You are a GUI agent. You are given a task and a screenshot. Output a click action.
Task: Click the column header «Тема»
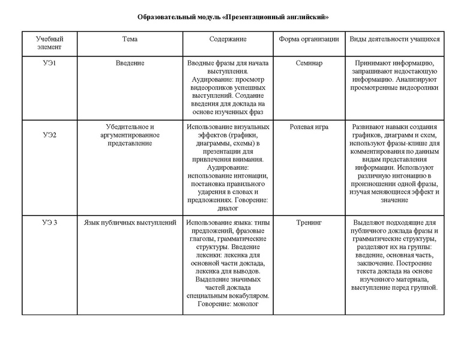click(130, 39)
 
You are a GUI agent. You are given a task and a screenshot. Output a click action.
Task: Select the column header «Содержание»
click(228, 39)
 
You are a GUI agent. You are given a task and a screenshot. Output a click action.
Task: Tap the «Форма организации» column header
click(309, 39)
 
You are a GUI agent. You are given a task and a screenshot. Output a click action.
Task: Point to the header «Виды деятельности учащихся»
click(395, 39)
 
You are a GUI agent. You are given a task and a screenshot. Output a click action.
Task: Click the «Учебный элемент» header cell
click(49, 43)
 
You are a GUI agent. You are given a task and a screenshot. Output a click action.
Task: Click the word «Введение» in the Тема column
click(130, 63)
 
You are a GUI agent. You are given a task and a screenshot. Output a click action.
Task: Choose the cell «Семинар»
click(309, 63)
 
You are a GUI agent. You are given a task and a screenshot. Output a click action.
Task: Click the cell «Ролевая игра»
click(309, 127)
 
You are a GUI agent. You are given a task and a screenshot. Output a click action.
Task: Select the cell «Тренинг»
click(309, 223)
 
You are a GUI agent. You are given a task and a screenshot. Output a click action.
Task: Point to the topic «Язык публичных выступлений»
click(130, 223)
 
